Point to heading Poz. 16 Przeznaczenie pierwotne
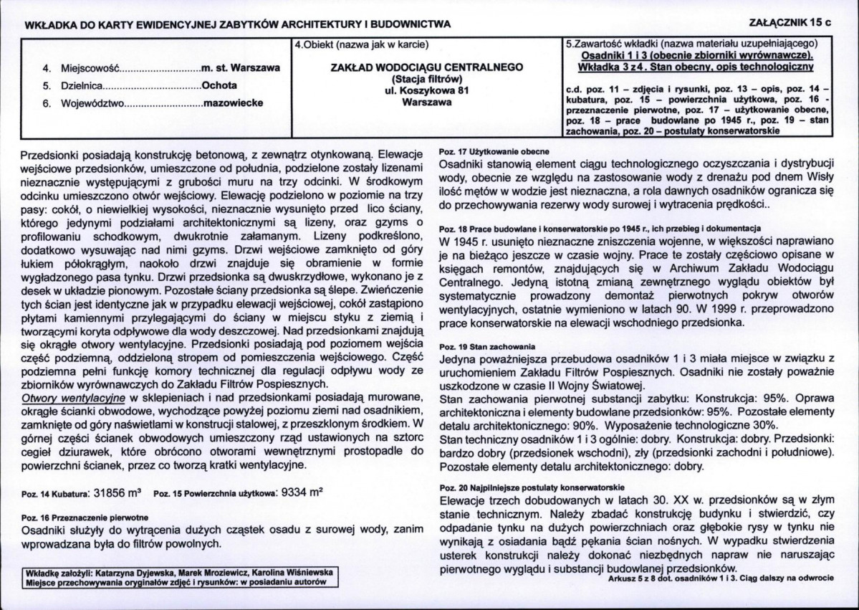(85, 517)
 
